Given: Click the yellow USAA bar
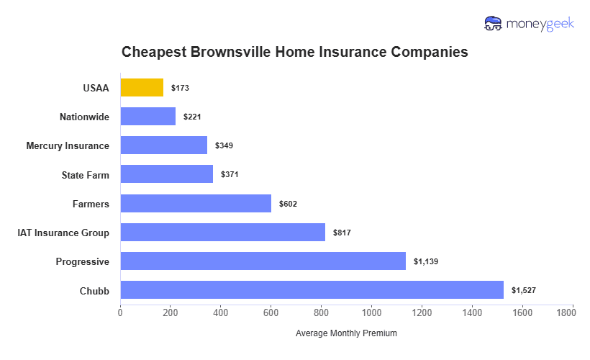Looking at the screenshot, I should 142,88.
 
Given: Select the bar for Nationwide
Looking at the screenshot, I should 147,116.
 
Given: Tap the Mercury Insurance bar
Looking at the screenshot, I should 163,145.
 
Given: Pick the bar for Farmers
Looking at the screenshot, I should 196,204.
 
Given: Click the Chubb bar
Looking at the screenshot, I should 312,290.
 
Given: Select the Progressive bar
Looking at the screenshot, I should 263,261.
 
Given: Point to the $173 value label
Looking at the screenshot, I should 180,88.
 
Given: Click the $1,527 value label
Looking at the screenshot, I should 523,290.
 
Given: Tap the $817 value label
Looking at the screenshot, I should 342,233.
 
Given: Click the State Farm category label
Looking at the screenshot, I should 86,174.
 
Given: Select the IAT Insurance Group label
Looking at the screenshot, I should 63,233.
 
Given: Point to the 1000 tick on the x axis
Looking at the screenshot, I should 372,313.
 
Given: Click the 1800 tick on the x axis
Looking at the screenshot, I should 573,313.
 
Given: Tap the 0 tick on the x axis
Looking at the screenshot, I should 120,313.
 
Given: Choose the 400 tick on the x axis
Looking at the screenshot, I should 221,313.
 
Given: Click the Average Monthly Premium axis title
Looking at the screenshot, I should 346,333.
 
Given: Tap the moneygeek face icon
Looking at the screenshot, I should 494,24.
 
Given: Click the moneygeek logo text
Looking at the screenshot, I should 540,24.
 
